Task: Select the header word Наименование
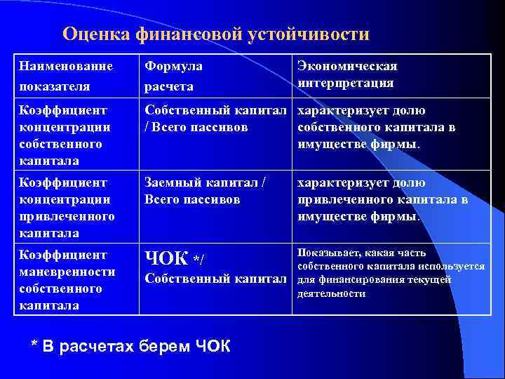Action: (67, 67)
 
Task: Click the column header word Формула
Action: (173, 67)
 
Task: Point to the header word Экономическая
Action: (347, 67)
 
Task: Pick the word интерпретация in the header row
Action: (345, 83)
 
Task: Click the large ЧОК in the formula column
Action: (166, 259)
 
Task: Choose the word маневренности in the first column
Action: (67, 272)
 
